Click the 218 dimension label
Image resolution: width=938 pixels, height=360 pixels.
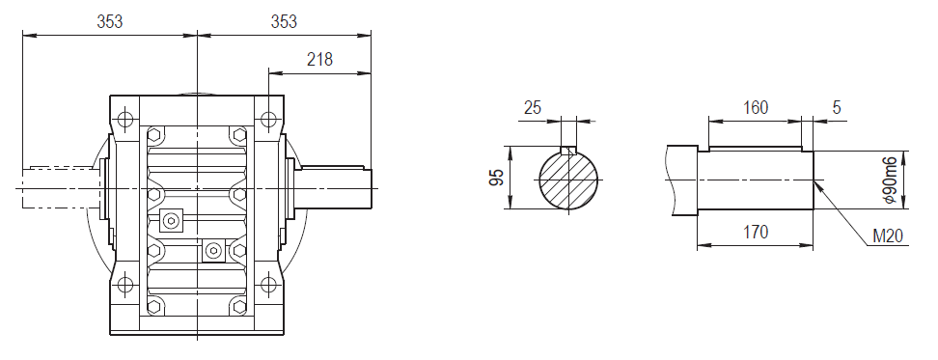(319, 59)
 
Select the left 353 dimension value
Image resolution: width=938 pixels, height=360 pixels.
(109, 21)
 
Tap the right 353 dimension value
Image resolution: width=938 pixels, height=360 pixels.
(284, 21)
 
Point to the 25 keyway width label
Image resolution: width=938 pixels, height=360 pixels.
(533, 108)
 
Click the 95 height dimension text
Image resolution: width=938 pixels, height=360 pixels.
(497, 178)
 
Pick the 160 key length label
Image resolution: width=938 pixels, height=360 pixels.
(756, 108)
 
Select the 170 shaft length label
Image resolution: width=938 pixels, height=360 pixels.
(756, 232)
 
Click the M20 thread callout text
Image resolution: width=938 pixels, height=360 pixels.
(888, 236)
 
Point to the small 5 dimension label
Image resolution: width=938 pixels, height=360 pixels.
(837, 108)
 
